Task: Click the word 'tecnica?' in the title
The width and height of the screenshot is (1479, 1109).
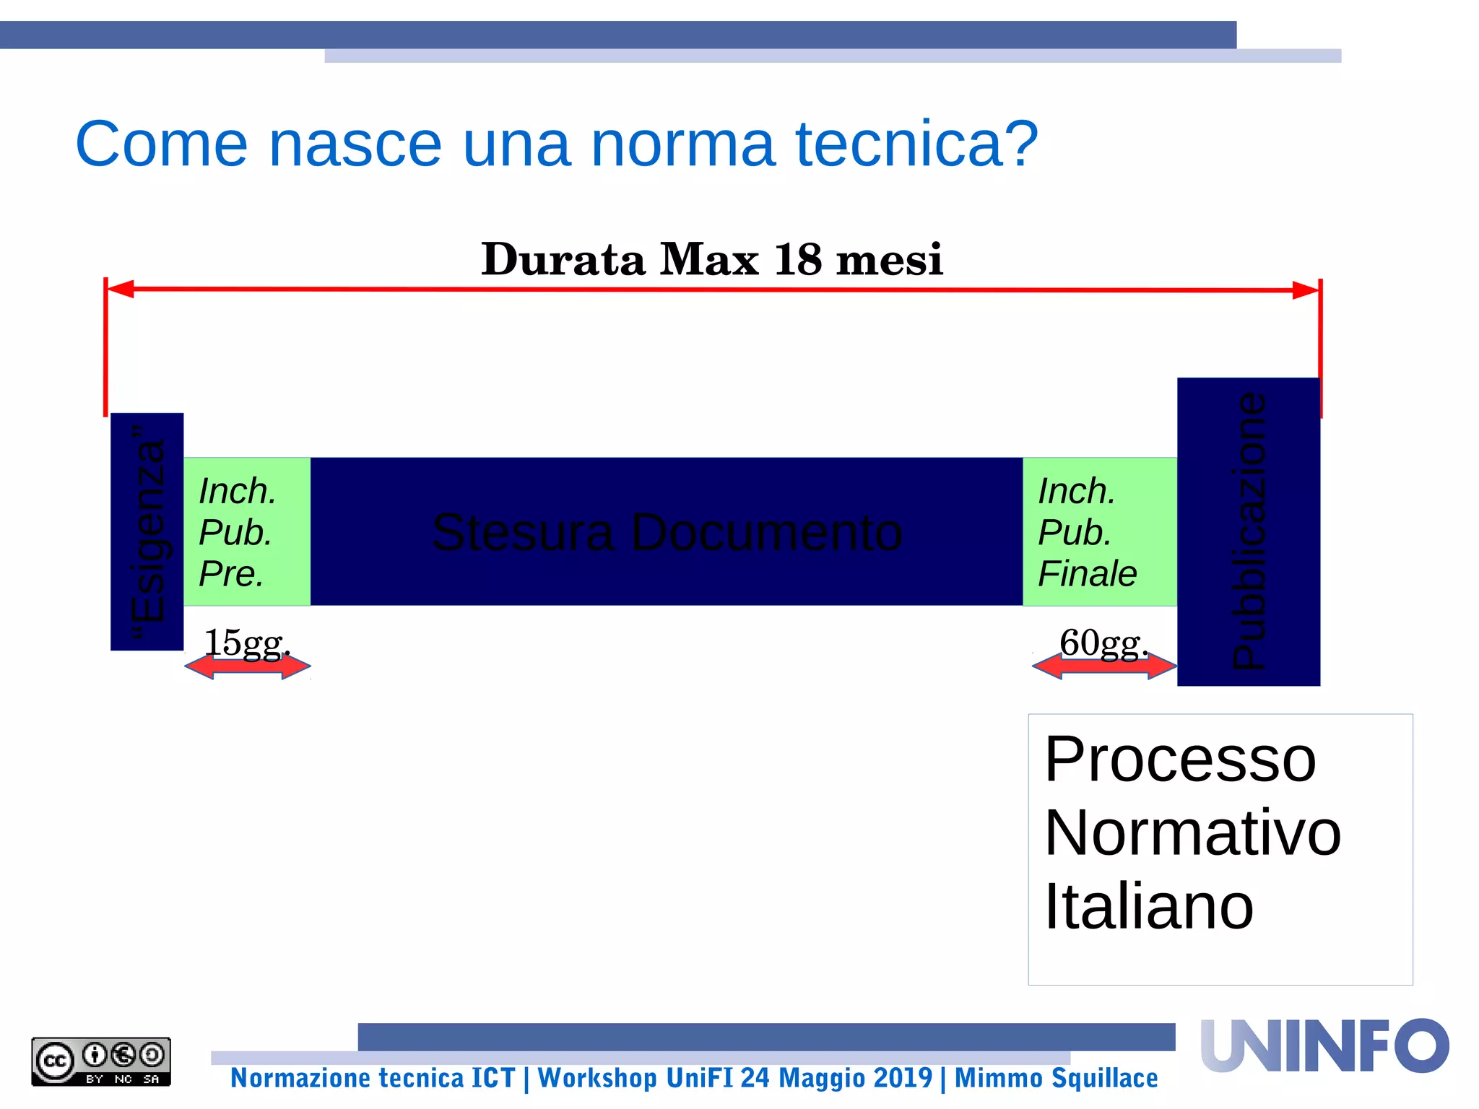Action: coord(916,144)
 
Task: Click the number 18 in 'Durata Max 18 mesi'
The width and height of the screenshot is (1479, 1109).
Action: coord(797,259)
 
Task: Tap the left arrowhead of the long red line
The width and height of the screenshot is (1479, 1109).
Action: coord(120,289)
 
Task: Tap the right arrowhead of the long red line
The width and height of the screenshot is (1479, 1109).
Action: coord(1306,290)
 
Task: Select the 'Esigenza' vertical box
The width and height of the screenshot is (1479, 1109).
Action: coord(147,531)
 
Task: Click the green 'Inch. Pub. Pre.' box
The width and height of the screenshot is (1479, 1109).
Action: coord(246,531)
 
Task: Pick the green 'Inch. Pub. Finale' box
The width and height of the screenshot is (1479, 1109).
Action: coord(1099,531)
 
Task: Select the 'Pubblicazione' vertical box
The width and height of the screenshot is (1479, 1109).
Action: coord(1248,531)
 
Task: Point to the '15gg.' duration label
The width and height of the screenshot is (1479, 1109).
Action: coord(246,642)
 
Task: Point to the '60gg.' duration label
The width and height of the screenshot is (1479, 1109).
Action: coord(1103,642)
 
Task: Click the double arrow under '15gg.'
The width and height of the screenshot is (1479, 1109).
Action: coord(248,666)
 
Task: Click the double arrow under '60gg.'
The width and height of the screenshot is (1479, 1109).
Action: coord(1104,665)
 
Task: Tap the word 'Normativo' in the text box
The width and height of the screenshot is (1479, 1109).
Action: coord(1192,833)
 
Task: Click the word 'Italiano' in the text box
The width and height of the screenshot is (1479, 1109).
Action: coord(1148,907)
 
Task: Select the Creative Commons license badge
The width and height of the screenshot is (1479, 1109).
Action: coord(101,1061)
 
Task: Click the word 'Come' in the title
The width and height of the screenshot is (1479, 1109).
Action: coord(161,144)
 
